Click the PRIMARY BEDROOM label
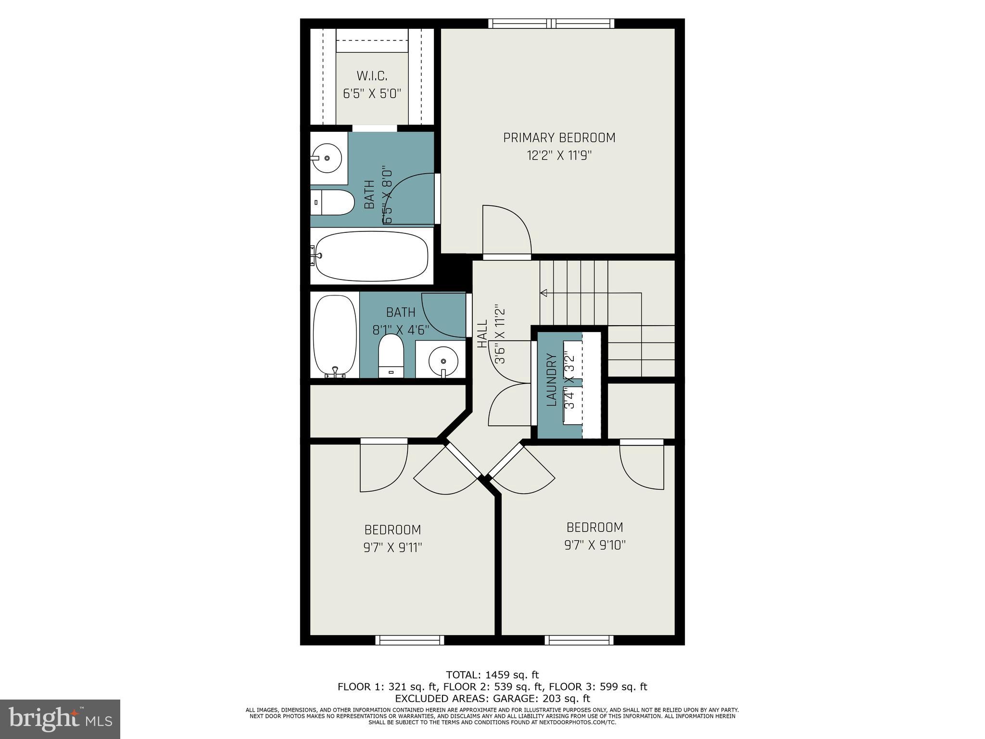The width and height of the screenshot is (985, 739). (559, 138)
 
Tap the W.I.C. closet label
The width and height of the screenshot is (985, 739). (372, 76)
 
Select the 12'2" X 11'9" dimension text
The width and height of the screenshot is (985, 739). (559, 156)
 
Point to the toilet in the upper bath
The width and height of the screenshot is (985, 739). (332, 203)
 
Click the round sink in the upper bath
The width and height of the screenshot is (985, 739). (327, 158)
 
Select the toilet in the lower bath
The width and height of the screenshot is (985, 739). (391, 357)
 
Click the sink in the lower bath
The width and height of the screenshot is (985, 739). (442, 360)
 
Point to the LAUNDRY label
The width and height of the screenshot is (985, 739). (552, 380)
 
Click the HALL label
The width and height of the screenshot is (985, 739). (482, 334)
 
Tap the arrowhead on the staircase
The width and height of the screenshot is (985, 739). (544, 293)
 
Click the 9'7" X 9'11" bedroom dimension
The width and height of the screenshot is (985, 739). (392, 548)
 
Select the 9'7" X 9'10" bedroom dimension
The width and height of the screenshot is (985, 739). (594, 546)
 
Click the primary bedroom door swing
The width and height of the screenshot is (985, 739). (506, 230)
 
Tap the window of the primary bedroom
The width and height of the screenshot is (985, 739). (551, 23)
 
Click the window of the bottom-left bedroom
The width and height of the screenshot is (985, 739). (409, 640)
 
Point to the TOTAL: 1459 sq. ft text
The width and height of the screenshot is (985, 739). (492, 675)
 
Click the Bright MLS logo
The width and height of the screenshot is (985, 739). (60, 719)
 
